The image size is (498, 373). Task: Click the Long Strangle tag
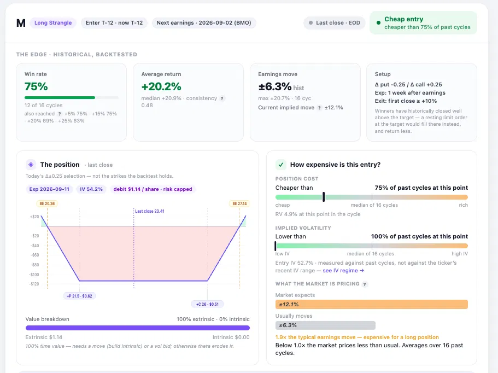(53, 23)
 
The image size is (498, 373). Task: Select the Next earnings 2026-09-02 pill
(204, 23)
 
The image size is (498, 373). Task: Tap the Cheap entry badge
(423, 23)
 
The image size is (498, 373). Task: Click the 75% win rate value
(36, 86)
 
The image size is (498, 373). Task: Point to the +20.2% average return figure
(161, 86)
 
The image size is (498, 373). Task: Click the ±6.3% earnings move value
(275, 86)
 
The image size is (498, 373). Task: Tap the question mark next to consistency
(222, 98)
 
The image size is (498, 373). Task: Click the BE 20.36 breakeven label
(47, 203)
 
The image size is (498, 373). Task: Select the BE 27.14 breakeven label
(239, 203)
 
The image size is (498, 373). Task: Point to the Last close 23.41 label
(150, 211)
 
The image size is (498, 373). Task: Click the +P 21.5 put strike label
(79, 296)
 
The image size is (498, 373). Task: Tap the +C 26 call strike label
(207, 305)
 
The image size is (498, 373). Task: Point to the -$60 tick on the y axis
(34, 255)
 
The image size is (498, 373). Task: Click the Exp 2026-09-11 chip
(49, 189)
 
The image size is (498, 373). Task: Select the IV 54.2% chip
(91, 189)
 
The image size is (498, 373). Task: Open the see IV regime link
(343, 271)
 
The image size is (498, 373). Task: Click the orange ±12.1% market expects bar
(372, 305)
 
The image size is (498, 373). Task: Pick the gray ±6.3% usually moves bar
(325, 325)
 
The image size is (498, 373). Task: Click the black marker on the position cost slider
(324, 197)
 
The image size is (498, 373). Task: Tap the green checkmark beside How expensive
(281, 165)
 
